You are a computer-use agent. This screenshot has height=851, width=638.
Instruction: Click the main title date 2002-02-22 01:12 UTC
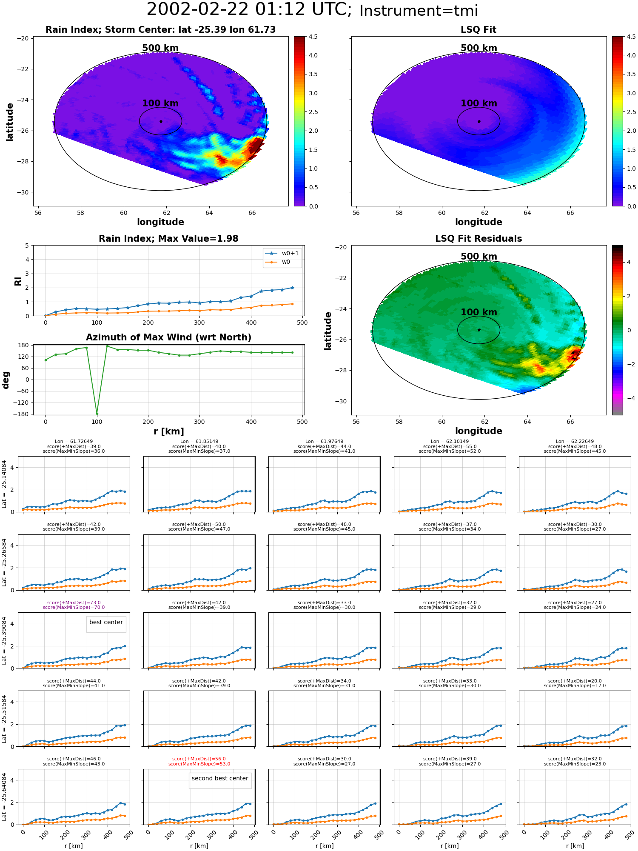pos(249,10)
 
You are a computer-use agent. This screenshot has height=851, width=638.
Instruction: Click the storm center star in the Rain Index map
pos(161,121)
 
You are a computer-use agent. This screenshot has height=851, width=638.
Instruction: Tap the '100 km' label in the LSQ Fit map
pos(479,103)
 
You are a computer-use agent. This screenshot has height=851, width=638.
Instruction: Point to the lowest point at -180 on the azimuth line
pos(97,414)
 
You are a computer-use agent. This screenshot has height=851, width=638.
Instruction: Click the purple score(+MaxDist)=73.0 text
pos(74,603)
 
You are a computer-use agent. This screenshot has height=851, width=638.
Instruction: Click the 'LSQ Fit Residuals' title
pos(478,239)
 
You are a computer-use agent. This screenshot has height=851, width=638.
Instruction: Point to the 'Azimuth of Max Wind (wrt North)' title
pos(168,337)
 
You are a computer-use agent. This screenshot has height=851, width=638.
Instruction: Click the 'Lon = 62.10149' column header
pos(450,442)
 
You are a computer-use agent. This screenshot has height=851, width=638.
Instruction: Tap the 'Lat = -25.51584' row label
pos(4,719)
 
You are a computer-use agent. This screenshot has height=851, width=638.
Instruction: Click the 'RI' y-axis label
pos(18,281)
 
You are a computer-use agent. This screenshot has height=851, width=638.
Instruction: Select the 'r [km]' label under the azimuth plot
pos(168,431)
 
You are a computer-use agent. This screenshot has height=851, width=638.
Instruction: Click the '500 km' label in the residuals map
pos(479,257)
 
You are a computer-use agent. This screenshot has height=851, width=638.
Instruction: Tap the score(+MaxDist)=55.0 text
pos(450,447)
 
